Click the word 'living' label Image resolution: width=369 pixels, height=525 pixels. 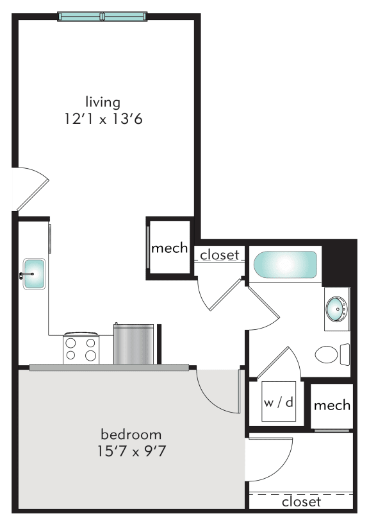point(102,101)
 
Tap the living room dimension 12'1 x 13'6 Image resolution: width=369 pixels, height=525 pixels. point(102,119)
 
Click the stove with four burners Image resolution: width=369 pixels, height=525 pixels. point(81,348)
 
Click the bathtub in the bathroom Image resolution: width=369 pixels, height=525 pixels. point(285,265)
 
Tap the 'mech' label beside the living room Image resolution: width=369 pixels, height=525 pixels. point(169,248)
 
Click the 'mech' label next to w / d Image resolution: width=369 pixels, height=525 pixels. point(332,405)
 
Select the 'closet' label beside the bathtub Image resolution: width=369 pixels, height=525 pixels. point(220,255)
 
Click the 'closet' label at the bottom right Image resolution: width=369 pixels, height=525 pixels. point(301,501)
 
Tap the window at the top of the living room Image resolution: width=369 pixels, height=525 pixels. point(102,16)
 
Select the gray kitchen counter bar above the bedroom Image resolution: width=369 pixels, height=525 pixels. point(109,367)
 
